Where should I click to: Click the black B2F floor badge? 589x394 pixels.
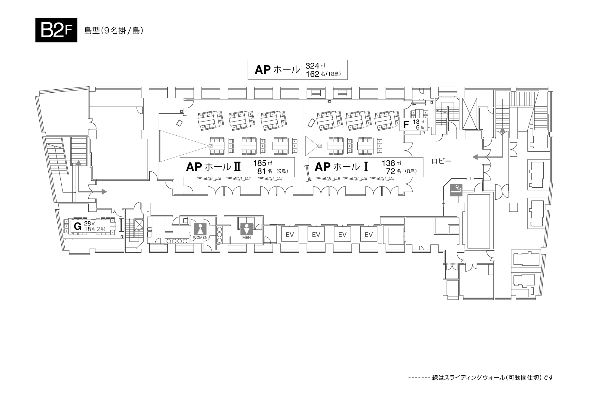click(56, 30)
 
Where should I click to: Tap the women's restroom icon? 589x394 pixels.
click(200, 229)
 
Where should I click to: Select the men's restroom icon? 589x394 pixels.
click(246, 229)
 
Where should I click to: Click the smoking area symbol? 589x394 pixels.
click(456, 190)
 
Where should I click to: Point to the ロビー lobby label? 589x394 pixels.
click(441, 161)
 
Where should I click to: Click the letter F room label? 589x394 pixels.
click(406, 125)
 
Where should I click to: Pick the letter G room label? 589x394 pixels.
click(78, 226)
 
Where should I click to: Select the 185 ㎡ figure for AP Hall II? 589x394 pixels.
click(263, 163)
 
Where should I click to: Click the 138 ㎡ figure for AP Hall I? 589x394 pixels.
click(392, 163)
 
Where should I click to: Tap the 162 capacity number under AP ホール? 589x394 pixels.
click(312, 74)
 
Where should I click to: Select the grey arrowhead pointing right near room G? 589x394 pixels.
click(104, 191)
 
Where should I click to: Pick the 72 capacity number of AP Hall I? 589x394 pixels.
click(391, 171)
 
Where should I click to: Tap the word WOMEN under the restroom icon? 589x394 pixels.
click(200, 238)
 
